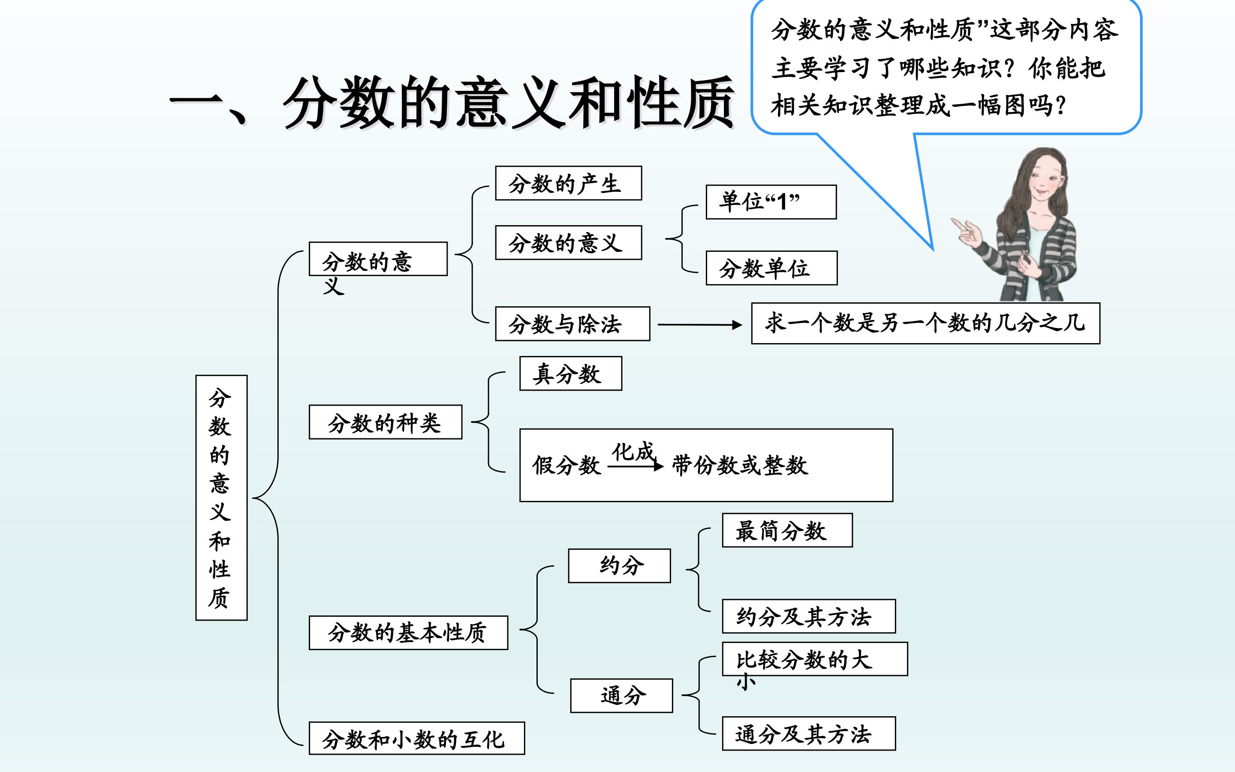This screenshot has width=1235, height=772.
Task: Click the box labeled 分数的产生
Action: [x=568, y=183]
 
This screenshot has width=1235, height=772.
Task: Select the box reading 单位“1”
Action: [x=771, y=202]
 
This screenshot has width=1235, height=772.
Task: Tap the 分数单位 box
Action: [x=771, y=268]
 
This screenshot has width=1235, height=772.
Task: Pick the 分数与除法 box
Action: [x=572, y=324]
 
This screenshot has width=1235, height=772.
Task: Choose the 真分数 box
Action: [x=570, y=374]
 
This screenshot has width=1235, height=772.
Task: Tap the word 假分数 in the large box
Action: [x=566, y=465]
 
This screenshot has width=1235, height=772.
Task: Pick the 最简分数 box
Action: [x=786, y=531]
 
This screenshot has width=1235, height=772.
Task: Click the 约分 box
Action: [x=619, y=566]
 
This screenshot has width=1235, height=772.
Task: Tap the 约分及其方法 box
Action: [x=808, y=616]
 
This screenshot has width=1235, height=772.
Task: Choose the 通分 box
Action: [x=621, y=695]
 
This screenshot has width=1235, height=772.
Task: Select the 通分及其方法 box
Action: [x=808, y=734]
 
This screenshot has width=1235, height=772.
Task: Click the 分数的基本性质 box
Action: [x=408, y=633]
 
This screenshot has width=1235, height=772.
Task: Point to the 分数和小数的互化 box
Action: [x=416, y=738]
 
